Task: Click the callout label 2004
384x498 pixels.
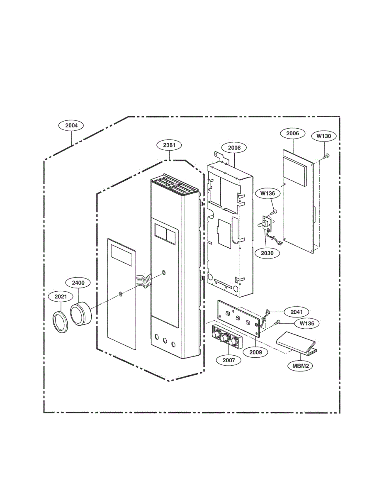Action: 71,125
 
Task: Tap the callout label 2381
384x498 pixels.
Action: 169,145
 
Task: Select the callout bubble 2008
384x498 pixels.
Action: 234,148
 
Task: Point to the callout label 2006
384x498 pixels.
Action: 292,133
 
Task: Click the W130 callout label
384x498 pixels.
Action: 324,136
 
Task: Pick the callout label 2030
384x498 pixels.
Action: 267,253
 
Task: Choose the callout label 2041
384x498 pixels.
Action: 297,312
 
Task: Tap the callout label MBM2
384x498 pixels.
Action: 300,366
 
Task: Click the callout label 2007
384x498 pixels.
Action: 229,360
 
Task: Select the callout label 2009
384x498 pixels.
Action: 255,352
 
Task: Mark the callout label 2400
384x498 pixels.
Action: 78,283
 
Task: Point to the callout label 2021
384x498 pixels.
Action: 61,297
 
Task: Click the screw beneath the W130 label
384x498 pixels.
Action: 326,156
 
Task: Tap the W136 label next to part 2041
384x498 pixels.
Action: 307,323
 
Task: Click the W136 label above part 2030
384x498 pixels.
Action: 267,193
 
